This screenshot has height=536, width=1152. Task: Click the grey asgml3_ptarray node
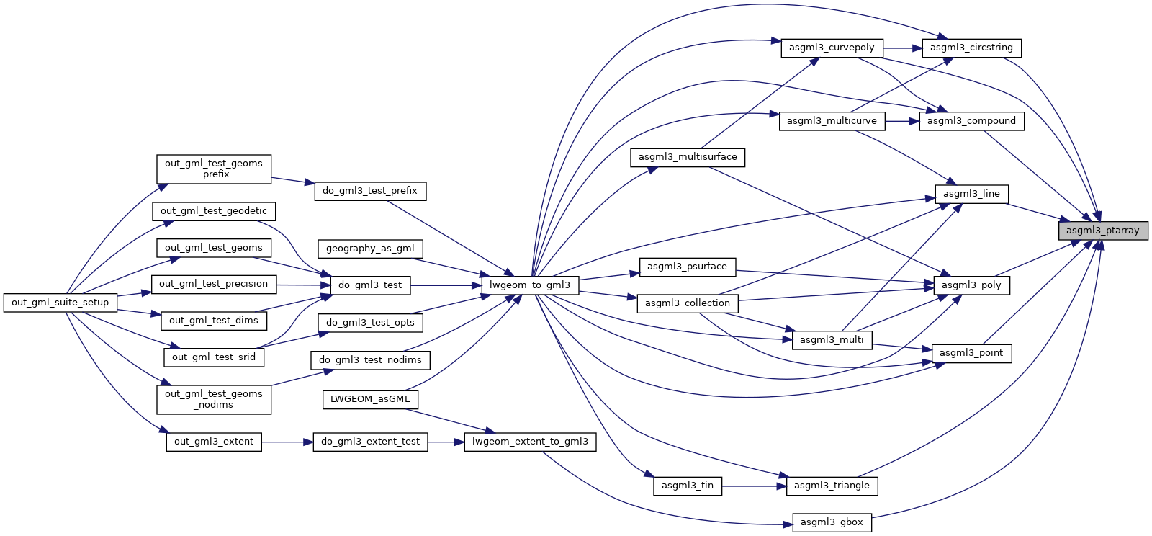(x=1102, y=231)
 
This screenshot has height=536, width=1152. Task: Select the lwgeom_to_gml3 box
(x=530, y=285)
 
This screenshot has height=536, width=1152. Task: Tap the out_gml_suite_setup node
(x=60, y=303)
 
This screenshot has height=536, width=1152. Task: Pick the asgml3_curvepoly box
(x=832, y=48)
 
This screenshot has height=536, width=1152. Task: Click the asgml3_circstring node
(x=971, y=48)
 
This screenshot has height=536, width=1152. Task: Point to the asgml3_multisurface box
(x=688, y=157)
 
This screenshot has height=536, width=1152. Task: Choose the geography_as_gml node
(x=370, y=249)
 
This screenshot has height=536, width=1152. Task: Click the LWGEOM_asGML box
(x=370, y=399)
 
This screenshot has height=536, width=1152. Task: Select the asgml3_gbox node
(x=832, y=522)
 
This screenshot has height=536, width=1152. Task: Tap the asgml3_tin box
(x=688, y=486)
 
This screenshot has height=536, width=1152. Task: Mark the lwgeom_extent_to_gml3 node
(x=530, y=442)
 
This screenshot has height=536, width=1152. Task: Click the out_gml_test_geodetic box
(x=214, y=211)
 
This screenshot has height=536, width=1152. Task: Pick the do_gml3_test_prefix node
(x=370, y=191)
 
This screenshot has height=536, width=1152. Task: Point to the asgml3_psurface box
(x=687, y=267)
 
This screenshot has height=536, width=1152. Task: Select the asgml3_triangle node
(x=832, y=486)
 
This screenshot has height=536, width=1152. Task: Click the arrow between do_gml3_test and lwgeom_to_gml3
(x=446, y=285)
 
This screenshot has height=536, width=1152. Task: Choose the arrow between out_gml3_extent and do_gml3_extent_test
(x=287, y=442)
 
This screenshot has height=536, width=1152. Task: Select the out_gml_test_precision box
(x=213, y=284)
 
